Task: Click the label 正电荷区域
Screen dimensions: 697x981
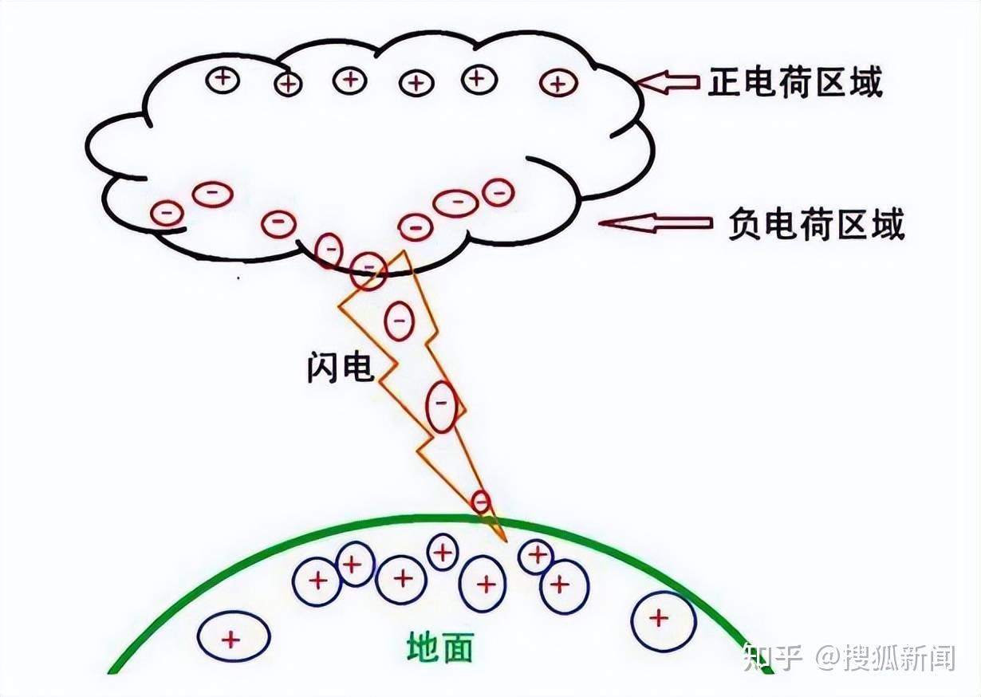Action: [x=795, y=82]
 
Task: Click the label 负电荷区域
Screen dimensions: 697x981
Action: [x=816, y=225]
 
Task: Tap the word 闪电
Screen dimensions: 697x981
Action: [x=340, y=368]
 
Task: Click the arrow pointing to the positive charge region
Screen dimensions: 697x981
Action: [x=668, y=81]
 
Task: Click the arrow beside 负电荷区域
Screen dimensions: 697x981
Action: [x=656, y=222]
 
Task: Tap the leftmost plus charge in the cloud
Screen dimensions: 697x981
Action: [x=224, y=79]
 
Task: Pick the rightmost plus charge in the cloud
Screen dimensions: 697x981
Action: [x=558, y=82]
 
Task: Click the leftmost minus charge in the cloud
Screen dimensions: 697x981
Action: [x=167, y=213]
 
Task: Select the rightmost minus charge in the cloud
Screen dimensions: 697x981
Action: [x=498, y=192]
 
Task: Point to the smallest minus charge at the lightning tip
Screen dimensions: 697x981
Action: [x=480, y=501]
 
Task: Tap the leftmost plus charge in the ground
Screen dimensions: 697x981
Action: [x=233, y=638]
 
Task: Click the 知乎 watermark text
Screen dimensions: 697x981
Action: [x=771, y=657]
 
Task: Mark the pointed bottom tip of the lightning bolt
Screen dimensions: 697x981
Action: [x=505, y=541]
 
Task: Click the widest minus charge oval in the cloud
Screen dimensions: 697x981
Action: [x=456, y=203]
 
